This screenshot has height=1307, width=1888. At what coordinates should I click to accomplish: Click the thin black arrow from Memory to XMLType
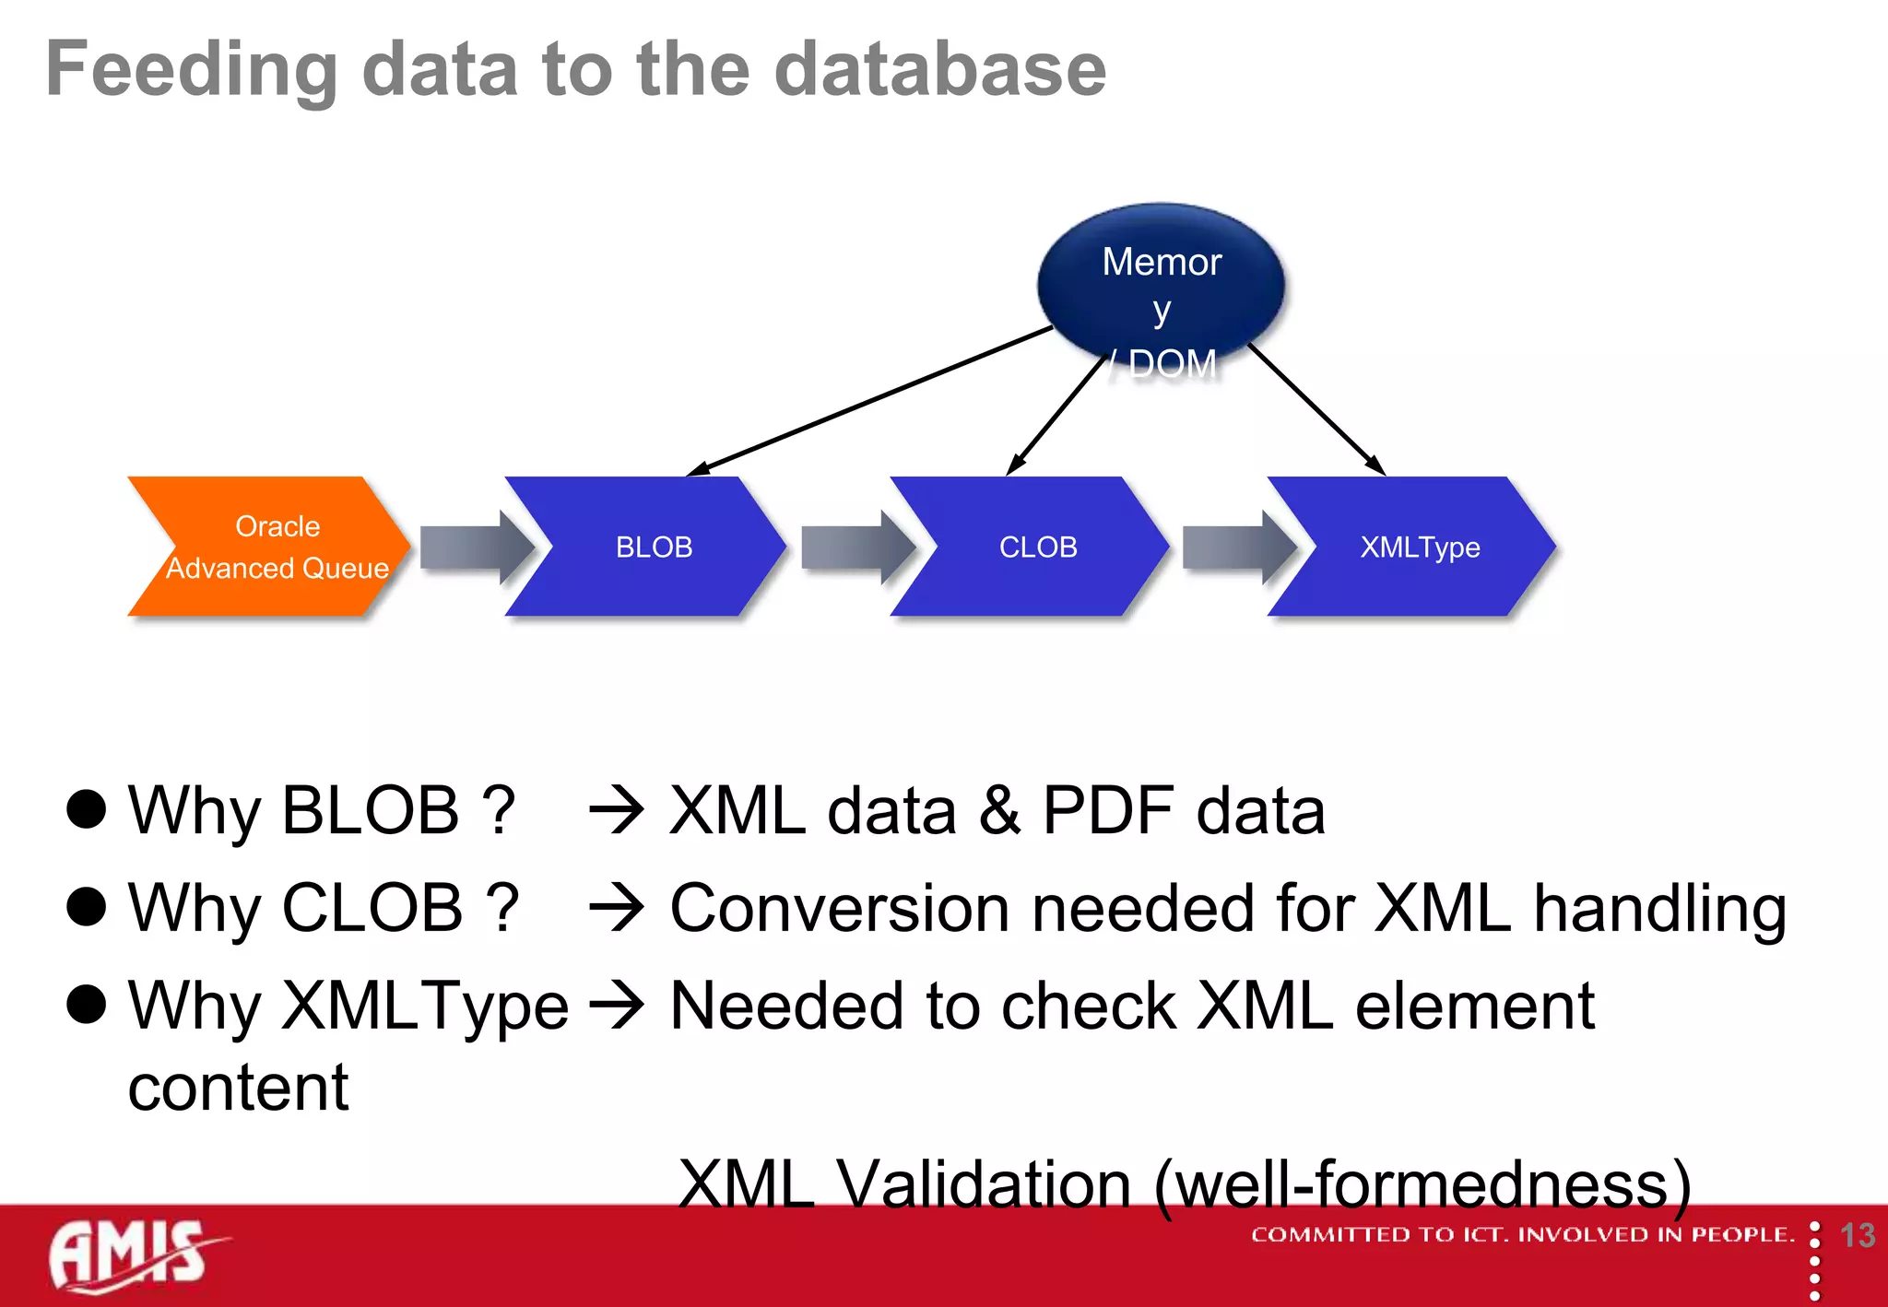[1318, 410]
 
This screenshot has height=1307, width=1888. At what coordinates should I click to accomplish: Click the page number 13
[1857, 1236]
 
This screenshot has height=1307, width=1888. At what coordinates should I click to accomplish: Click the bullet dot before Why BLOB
[87, 809]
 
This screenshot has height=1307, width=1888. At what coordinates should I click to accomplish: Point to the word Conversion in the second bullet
[839, 909]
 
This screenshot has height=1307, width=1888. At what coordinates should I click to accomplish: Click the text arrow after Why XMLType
[616, 1006]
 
